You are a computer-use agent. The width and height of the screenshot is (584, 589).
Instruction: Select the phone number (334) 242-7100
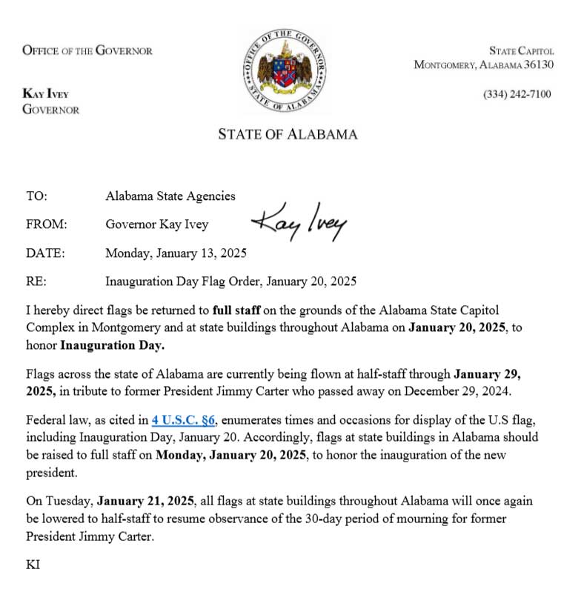coord(517,95)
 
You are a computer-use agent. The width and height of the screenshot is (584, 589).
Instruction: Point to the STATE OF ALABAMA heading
coord(288,135)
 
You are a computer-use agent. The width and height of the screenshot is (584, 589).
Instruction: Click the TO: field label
coord(36,196)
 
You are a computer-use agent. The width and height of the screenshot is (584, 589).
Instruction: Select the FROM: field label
coord(47,224)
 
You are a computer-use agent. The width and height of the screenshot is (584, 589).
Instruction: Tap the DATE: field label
coord(45,253)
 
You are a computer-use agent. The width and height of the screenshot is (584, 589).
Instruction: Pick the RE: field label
coord(36,281)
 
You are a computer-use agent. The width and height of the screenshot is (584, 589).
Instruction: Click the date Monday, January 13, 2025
coord(176,253)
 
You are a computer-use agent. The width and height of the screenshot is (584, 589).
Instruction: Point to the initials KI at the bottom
coord(33,565)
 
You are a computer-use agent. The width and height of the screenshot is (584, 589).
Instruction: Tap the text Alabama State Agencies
coord(170,196)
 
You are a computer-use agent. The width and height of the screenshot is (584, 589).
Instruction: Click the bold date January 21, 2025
coord(146,501)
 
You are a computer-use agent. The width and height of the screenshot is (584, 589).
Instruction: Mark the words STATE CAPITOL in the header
coord(522,51)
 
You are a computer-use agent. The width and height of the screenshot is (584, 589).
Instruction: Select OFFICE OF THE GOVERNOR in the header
coord(87,51)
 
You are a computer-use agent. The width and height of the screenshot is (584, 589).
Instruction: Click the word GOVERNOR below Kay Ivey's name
coord(51,110)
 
